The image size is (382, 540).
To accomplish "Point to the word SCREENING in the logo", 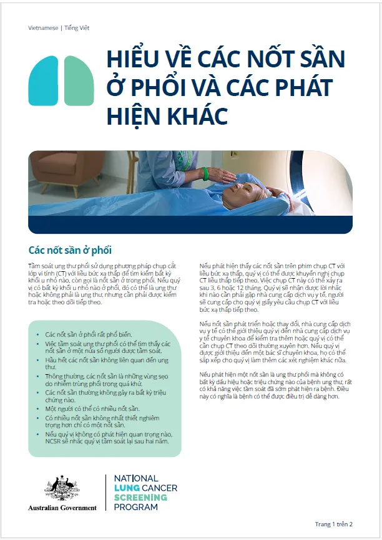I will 140,498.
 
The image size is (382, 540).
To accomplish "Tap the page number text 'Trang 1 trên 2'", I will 334,524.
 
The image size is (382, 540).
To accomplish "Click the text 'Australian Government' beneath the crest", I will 62,508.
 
